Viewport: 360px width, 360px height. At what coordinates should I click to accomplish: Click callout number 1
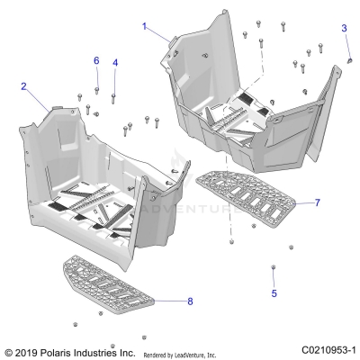click(143, 26)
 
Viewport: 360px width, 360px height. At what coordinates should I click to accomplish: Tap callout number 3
click(343, 28)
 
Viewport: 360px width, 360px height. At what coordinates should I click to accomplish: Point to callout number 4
click(114, 62)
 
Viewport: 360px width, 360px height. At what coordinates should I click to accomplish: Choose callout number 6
click(96, 60)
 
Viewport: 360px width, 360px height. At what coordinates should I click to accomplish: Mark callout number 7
click(317, 203)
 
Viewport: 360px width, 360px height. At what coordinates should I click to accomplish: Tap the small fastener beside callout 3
click(348, 58)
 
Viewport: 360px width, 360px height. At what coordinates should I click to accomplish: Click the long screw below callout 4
click(114, 96)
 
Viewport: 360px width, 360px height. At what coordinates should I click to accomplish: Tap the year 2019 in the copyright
click(27, 350)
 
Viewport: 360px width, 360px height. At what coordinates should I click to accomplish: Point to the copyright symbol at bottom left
click(9, 350)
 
